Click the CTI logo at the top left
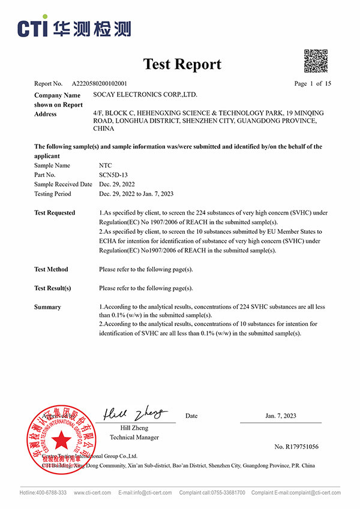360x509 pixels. click(74, 28)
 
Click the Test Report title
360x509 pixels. click(182, 64)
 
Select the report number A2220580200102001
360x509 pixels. click(99, 84)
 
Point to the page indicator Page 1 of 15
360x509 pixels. click(313, 84)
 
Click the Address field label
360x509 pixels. click(46, 114)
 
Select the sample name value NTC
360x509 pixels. click(105, 165)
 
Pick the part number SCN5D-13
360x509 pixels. click(112, 174)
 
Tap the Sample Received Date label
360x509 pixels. click(63, 184)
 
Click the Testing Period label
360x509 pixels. click(52, 194)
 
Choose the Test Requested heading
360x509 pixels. click(55, 213)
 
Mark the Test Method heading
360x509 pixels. click(51, 269)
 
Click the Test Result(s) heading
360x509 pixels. click(52, 288)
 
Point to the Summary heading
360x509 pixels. click(47, 307)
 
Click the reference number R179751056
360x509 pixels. click(296, 447)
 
